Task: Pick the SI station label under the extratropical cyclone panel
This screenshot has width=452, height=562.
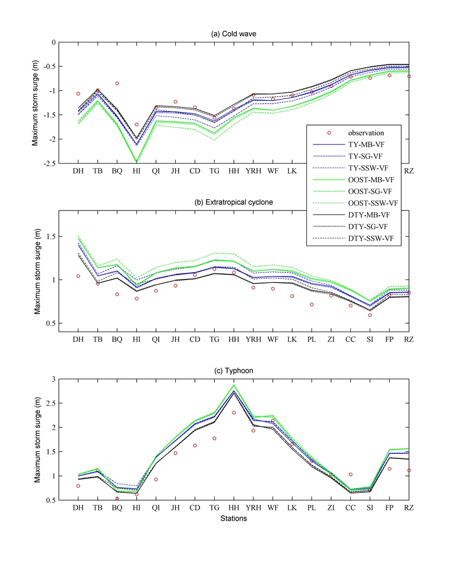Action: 370,339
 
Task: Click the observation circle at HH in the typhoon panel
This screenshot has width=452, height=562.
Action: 233,413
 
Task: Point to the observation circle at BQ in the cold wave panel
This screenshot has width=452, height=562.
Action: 117,83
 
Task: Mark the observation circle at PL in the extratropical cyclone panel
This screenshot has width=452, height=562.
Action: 311,304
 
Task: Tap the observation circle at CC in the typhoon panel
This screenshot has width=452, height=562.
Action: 350,474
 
